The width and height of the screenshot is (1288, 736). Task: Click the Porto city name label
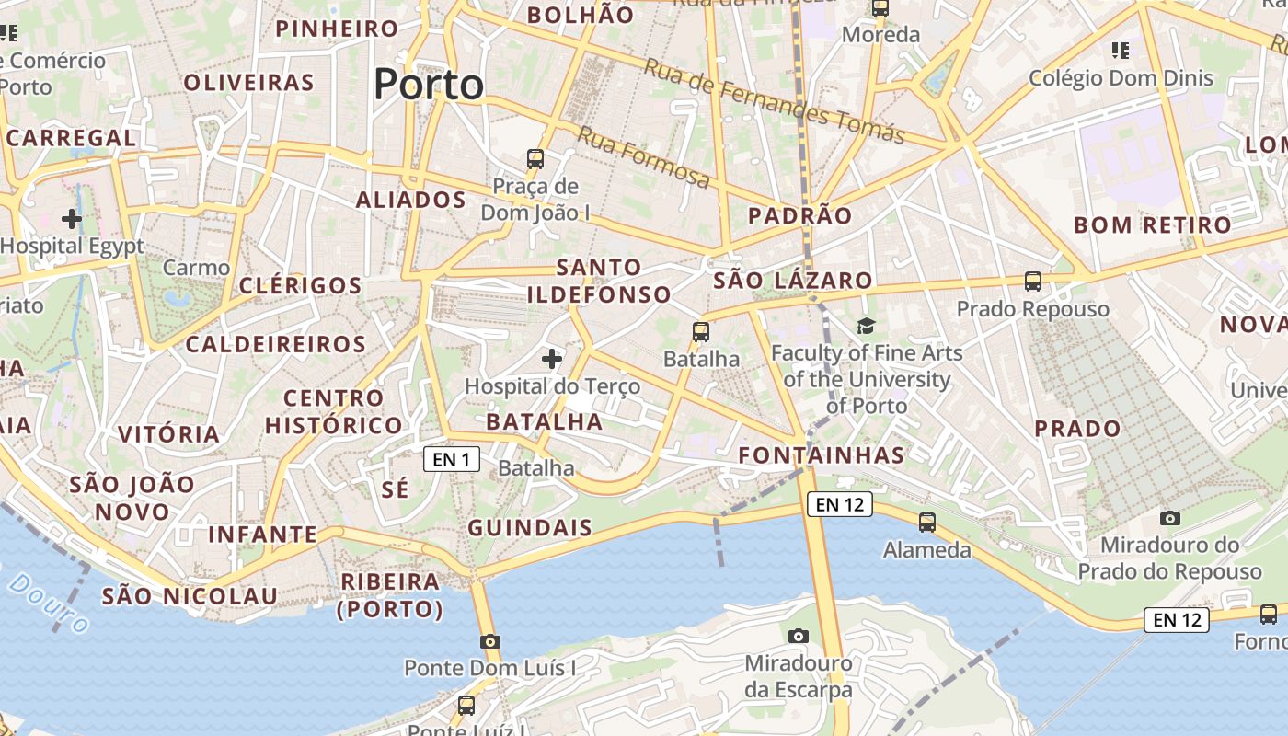[x=429, y=85]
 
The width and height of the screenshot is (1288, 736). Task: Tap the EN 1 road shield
[x=452, y=459]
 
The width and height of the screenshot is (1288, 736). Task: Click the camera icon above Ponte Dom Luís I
[x=490, y=641]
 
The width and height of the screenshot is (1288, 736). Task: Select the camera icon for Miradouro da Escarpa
[x=799, y=636]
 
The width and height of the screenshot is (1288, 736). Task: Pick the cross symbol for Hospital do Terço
[x=552, y=358]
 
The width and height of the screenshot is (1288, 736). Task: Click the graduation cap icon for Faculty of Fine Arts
[x=866, y=326]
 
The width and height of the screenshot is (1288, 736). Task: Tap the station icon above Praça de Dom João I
[x=535, y=158]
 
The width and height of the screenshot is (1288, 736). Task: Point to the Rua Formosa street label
[x=644, y=158]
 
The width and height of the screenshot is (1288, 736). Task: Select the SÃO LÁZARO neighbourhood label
[x=792, y=280]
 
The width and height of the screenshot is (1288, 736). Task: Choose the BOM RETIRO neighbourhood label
[x=1152, y=224]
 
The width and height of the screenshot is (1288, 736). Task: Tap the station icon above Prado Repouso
[x=1033, y=281]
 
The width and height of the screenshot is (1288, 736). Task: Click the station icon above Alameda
[x=926, y=522]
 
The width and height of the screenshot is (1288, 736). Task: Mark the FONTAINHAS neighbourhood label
[x=822, y=454]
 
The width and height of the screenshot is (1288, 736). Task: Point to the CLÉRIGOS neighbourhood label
[x=301, y=285]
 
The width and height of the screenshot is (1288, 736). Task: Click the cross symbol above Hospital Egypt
[x=71, y=219]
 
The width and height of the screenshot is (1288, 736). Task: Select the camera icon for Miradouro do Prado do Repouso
[x=1169, y=518]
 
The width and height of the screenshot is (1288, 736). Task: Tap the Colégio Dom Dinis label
[x=1121, y=78]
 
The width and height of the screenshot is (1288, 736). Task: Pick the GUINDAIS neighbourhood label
[x=530, y=527]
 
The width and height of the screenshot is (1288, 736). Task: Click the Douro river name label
[x=51, y=603]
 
